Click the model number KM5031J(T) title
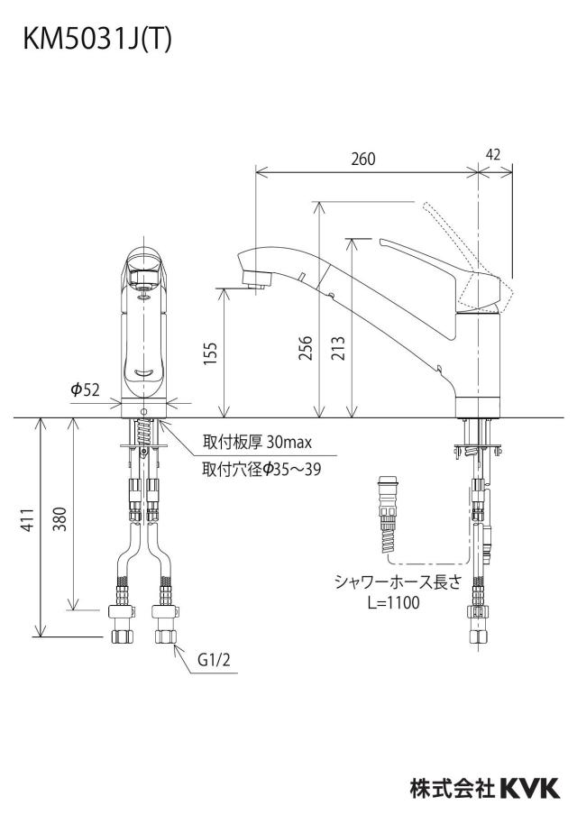pos(97,39)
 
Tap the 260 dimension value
pos(362,159)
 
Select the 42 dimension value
pos(494,154)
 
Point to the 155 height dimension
pos(210,353)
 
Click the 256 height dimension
pos(306,348)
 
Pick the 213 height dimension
pos(338,348)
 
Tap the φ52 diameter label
pos(85,389)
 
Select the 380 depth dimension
pos(60,518)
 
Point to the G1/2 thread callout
pos(214,660)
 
